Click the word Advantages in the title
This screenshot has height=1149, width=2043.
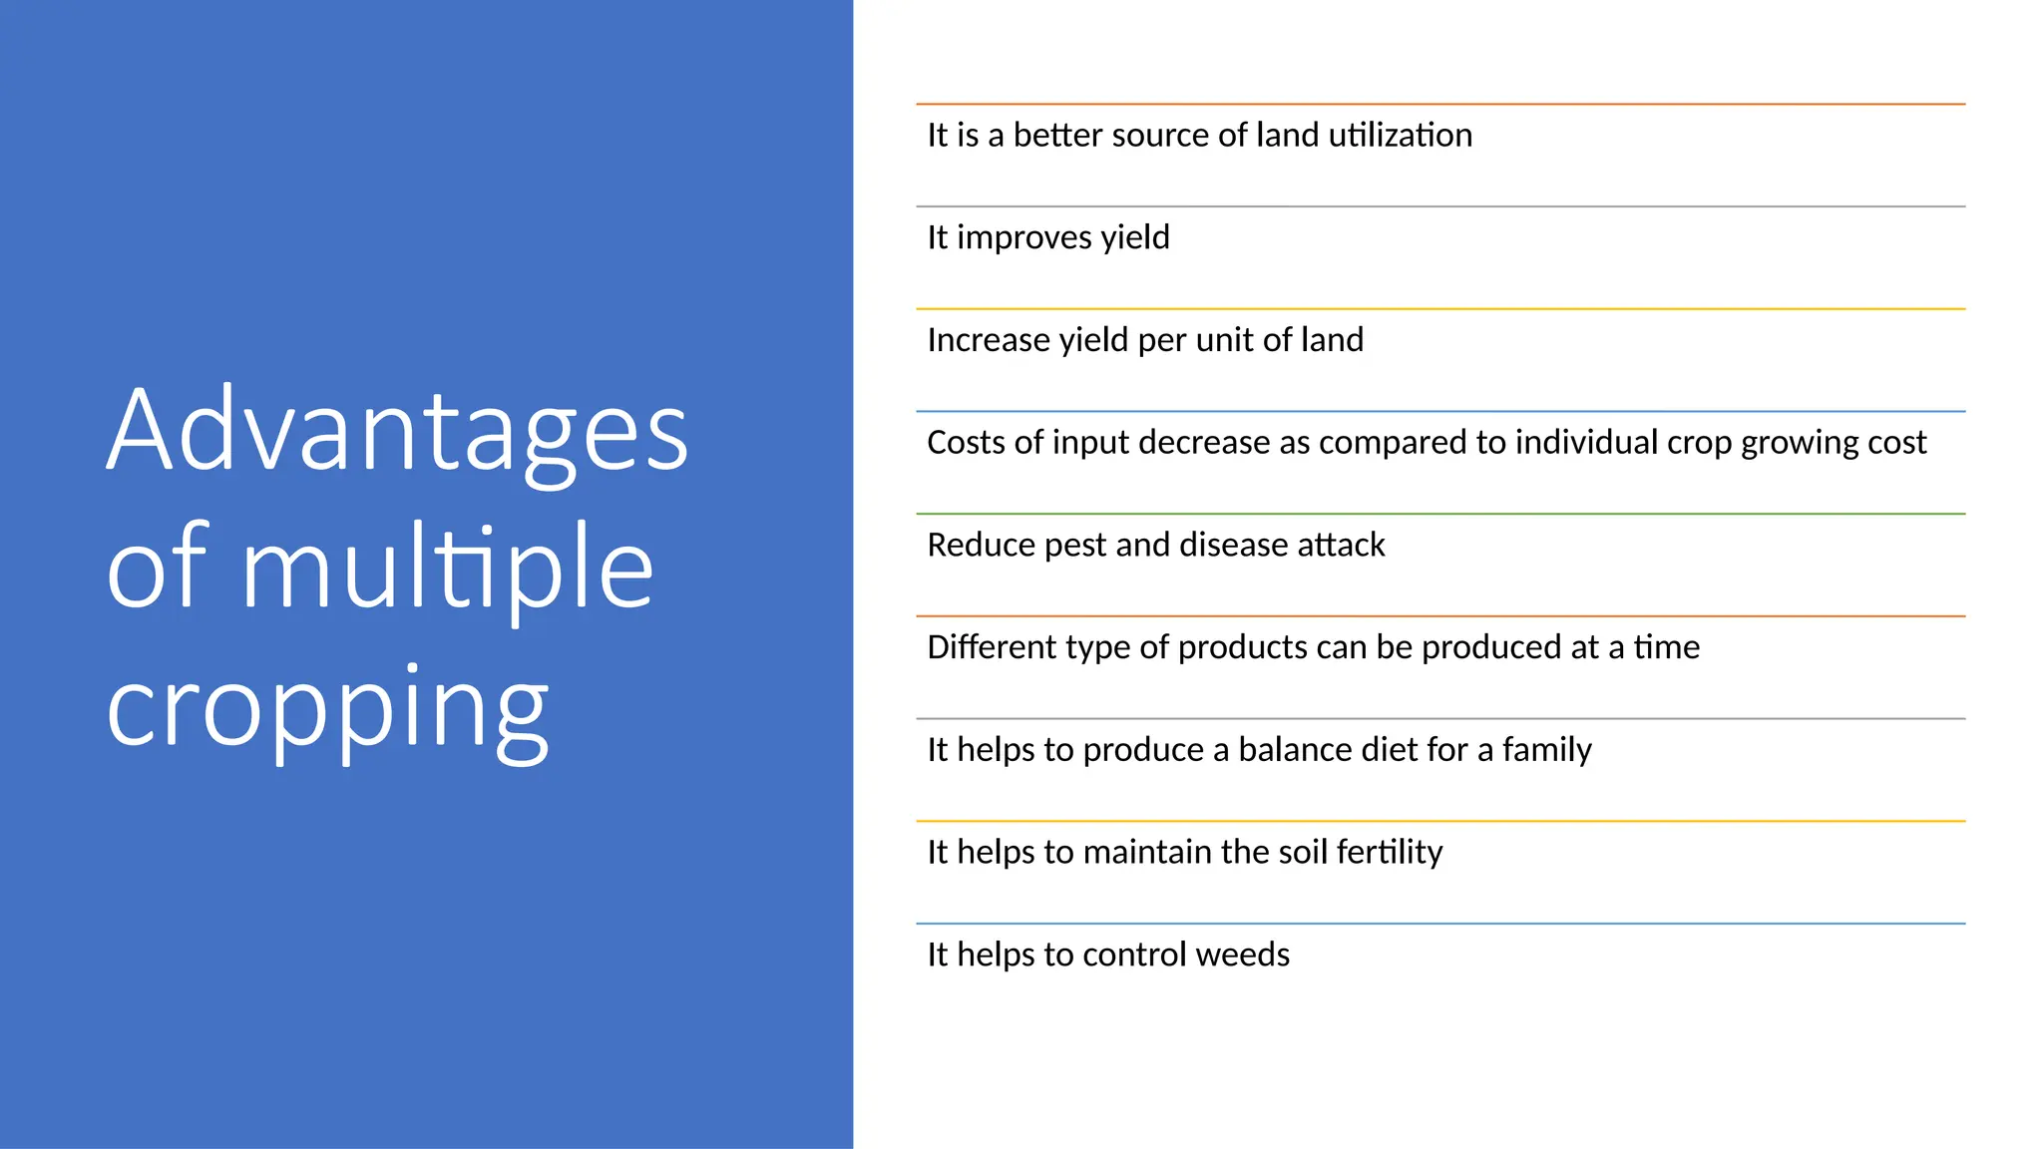[x=397, y=432]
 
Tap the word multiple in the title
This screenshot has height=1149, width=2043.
[x=447, y=569]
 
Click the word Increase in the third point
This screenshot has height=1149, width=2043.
[x=988, y=340]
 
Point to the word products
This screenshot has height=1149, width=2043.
[x=1241, y=648]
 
